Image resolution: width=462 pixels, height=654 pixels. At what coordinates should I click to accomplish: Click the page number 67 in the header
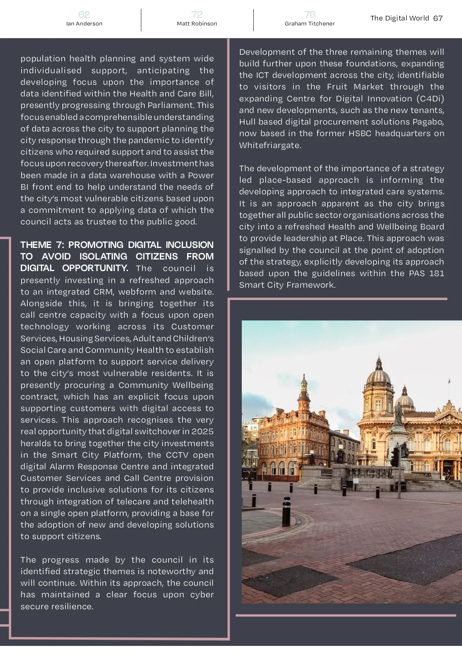coord(438,18)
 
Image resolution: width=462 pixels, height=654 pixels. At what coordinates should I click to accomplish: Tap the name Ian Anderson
coord(84,24)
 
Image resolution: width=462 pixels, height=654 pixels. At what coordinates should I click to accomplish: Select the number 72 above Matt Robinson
coord(197,15)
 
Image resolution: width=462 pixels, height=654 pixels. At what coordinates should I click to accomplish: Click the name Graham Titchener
coord(310,24)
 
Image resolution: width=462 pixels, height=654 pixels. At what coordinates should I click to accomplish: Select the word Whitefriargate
coord(270,145)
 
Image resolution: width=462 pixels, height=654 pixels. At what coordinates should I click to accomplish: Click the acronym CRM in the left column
coord(103,292)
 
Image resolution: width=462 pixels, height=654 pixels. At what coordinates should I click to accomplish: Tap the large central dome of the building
coord(379,376)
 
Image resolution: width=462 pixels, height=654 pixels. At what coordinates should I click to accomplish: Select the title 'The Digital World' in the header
coord(399,18)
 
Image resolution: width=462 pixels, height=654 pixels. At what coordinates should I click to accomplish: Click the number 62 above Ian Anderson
coord(84,15)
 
